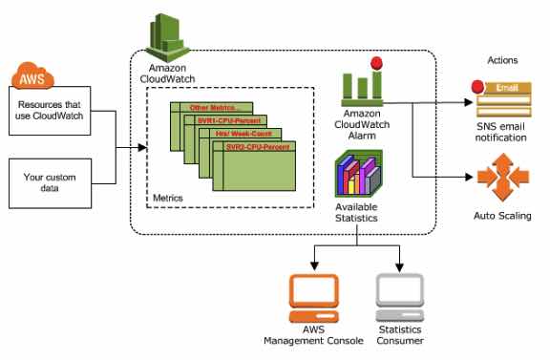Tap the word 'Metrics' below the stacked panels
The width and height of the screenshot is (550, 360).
[x=168, y=198]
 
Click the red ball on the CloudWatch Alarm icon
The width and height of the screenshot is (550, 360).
[x=376, y=64]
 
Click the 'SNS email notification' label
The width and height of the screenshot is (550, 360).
[x=501, y=132]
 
